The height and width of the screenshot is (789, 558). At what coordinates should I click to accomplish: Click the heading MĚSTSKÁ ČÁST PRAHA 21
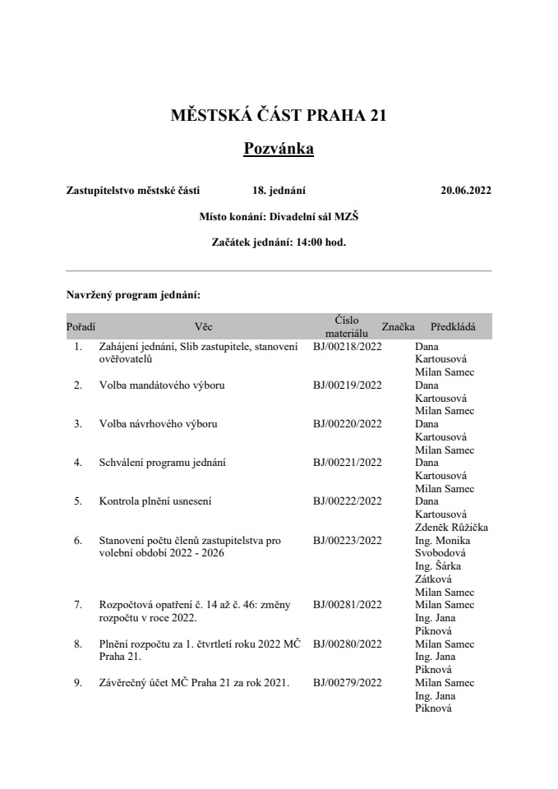click(x=279, y=116)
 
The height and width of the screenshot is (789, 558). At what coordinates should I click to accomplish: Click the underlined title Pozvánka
click(x=279, y=149)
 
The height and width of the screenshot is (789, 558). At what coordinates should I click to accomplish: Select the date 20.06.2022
click(x=465, y=191)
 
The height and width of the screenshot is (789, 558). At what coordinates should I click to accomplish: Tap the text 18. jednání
click(x=279, y=191)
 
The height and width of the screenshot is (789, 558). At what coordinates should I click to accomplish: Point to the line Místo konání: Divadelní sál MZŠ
click(x=279, y=217)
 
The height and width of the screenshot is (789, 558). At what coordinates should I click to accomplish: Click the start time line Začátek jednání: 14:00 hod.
click(x=279, y=242)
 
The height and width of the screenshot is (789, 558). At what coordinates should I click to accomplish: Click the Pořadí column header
click(x=81, y=326)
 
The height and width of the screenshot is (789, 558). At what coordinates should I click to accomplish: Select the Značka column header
click(x=398, y=326)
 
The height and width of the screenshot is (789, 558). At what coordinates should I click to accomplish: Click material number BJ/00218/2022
click(x=348, y=347)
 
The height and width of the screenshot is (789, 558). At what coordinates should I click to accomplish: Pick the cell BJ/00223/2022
click(x=348, y=540)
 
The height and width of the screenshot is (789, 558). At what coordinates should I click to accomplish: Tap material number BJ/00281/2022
click(x=348, y=605)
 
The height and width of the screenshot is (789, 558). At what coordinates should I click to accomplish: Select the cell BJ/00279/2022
click(x=348, y=682)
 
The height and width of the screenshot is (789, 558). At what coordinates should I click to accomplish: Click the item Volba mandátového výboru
click(x=161, y=385)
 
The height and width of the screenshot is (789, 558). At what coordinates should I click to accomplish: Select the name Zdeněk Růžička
click(x=453, y=527)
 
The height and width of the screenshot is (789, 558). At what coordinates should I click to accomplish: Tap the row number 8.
click(x=78, y=644)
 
